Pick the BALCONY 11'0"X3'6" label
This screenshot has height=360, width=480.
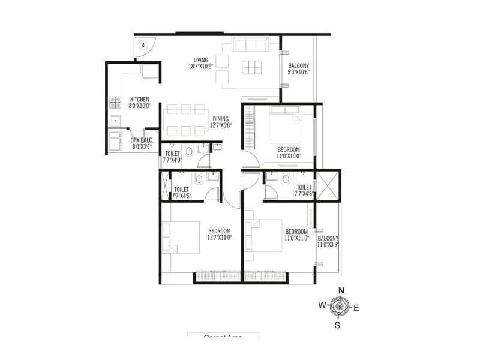pos(328,241)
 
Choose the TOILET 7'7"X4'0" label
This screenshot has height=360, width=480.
pos(172,157)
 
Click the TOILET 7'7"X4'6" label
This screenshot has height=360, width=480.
pos(303,190)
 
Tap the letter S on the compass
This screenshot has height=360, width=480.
pos(337,326)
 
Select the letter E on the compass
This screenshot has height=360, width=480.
pos(356,308)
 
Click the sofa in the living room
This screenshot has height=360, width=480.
pos(251,46)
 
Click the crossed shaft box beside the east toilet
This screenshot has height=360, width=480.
pos(328,185)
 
